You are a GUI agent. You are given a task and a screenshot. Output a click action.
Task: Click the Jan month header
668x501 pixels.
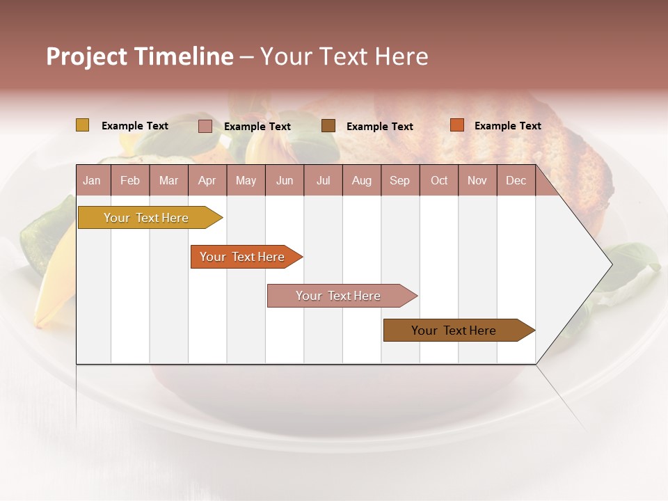(x=93, y=180)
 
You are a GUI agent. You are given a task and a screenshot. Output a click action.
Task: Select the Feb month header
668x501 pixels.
(x=130, y=180)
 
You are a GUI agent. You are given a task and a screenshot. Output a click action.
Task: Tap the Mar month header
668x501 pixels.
(x=168, y=180)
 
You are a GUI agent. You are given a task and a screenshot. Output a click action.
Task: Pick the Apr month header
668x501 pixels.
(x=207, y=180)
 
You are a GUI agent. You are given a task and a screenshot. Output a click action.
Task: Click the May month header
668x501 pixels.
(x=246, y=180)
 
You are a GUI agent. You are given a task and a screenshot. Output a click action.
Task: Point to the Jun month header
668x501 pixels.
(x=285, y=180)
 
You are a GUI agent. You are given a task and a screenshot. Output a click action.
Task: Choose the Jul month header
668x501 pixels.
(x=323, y=180)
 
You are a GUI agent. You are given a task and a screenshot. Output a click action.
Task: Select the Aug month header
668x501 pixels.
(x=362, y=180)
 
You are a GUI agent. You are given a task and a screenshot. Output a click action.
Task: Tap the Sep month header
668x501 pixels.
(x=400, y=180)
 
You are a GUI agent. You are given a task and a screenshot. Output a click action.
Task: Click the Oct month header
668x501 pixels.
(x=439, y=180)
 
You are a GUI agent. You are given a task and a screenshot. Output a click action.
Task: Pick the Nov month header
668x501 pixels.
(x=477, y=180)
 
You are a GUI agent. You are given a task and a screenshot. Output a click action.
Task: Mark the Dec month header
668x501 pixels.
(x=516, y=180)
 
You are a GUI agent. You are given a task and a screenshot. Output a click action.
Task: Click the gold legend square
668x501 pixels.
(x=82, y=125)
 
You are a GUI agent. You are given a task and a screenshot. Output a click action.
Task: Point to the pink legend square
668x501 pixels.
(x=205, y=126)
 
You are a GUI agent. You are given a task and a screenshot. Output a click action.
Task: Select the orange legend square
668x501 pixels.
(x=456, y=125)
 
